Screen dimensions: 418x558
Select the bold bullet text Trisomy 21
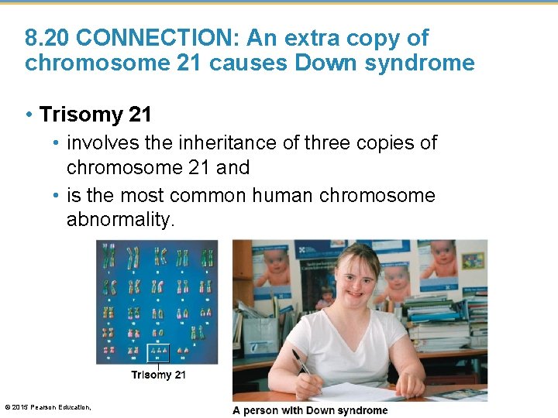click(95, 115)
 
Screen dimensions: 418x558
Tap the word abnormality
click(121, 220)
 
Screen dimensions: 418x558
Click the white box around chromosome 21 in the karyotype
click(158, 353)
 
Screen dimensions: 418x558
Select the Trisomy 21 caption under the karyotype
click(158, 375)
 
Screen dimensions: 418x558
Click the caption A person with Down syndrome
click(310, 410)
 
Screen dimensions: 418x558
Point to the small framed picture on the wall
click(473, 261)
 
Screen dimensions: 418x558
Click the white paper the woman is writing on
click(364, 392)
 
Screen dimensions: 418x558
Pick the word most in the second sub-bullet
click(140, 195)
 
